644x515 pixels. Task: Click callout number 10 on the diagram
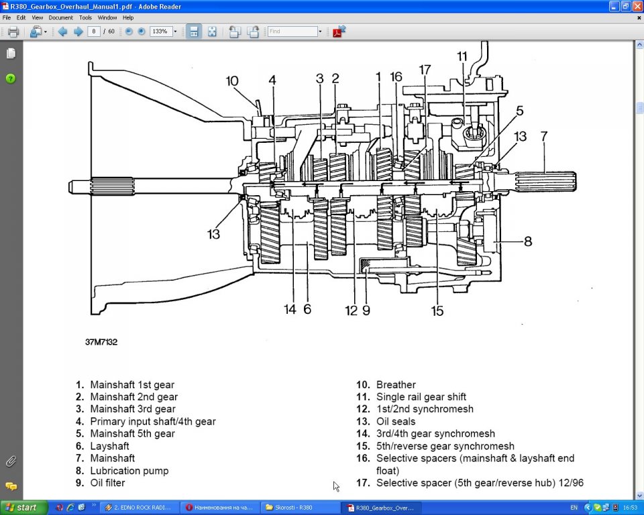coord(232,81)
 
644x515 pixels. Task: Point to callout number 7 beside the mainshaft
coord(544,136)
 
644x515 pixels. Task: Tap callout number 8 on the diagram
coord(527,241)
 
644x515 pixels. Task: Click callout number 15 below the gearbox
coord(437,310)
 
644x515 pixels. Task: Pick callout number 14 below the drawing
coord(290,310)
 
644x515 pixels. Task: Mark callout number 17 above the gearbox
coord(424,70)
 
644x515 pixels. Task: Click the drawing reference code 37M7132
coord(101,342)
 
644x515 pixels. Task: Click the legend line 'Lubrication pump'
coord(129,471)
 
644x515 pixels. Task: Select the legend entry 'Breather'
coord(396,385)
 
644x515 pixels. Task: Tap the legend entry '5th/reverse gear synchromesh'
coord(445,446)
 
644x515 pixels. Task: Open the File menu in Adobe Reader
coord(7,17)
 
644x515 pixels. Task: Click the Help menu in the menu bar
coord(128,17)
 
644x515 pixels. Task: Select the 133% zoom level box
coord(160,32)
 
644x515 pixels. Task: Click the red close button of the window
coord(637,6)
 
